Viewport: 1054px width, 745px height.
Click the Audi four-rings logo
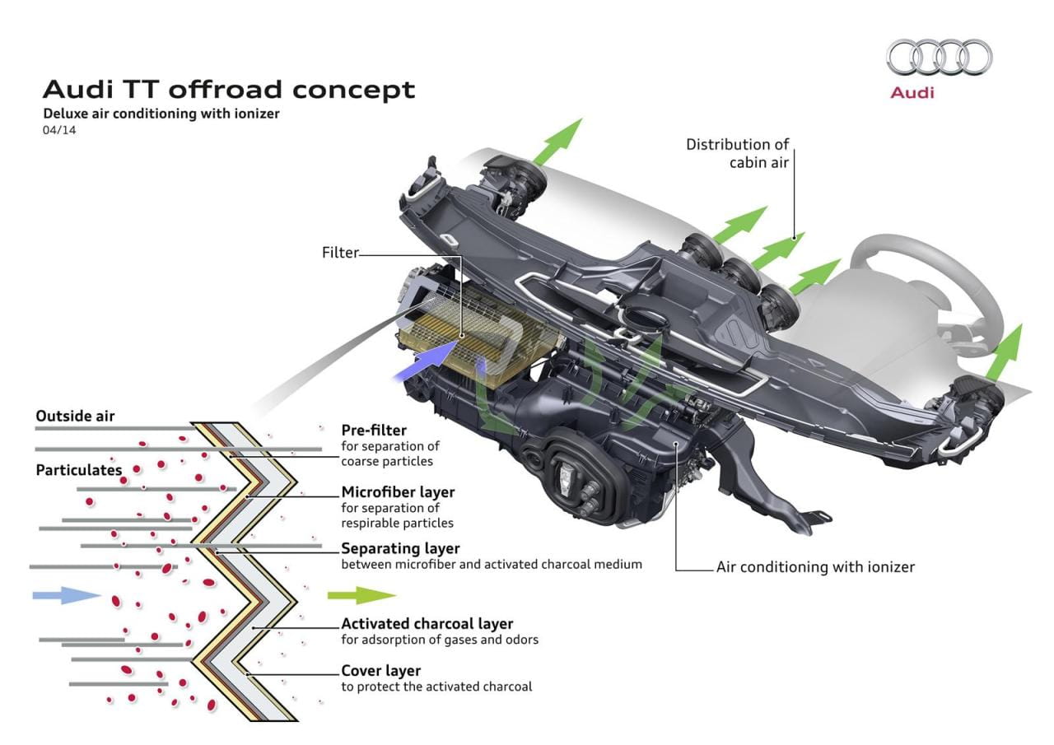[939, 58]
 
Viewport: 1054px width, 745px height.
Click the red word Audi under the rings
[912, 92]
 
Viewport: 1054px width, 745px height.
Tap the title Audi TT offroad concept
[229, 89]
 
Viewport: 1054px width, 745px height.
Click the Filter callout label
[340, 253]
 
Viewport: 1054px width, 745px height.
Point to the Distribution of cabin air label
[738, 153]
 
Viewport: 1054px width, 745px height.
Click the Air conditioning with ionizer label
[815, 566]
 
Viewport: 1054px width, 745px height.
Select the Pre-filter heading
[374, 430]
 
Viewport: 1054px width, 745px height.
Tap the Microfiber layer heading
[398, 492]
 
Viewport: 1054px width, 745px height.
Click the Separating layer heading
[400, 548]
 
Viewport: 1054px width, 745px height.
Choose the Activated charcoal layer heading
[427, 623]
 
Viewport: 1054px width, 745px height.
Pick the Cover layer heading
[380, 670]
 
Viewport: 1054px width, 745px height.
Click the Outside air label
[75, 417]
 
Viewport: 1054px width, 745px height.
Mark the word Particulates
[78, 470]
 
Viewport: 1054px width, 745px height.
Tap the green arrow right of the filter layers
[361, 595]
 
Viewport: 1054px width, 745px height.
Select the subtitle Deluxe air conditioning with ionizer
[161, 114]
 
